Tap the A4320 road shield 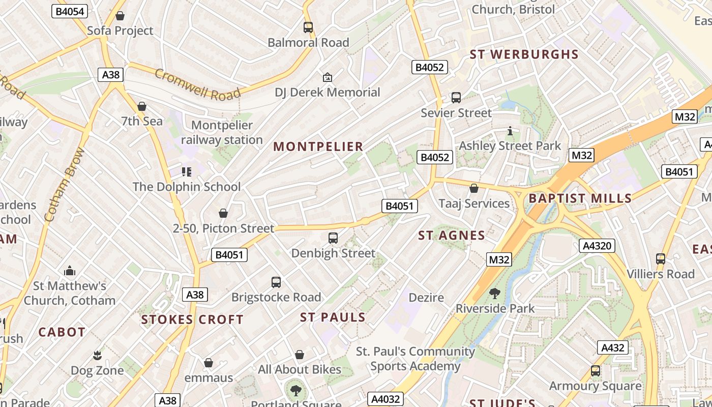pos(597,246)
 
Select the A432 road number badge pos(612,347)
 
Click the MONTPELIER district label pos(318,147)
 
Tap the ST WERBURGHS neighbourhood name pos(524,54)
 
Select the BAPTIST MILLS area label pos(580,198)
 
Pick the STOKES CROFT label pos(192,319)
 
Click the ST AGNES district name pos(452,235)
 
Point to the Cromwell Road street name pos(197,84)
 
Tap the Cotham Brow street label pos(64,184)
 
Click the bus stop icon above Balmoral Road pos(308,27)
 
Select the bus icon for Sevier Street pos(456,98)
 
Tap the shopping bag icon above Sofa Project pos(120,16)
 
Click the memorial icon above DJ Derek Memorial pos(328,77)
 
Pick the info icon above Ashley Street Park pos(510,131)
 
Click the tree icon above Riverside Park pos(494,294)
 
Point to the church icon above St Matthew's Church pos(70,271)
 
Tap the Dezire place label pos(426,297)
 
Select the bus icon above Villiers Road pos(661,259)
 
